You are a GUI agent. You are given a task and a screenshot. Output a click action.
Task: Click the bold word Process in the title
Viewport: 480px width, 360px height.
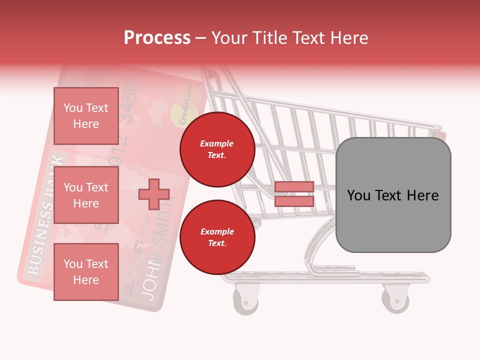(x=157, y=37)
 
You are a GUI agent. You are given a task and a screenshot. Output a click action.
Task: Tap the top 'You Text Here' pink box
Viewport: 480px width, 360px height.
(x=86, y=116)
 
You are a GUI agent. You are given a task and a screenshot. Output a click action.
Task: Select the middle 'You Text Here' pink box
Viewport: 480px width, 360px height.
(x=86, y=195)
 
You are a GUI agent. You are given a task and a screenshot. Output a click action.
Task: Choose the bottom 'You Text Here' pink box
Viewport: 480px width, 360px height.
(x=86, y=271)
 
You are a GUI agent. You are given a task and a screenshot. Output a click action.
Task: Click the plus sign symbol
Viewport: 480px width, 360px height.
(x=153, y=194)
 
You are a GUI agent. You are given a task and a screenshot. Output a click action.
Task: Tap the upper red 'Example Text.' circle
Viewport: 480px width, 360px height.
(x=217, y=149)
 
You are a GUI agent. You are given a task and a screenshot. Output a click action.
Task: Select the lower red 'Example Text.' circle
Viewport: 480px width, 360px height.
(x=217, y=237)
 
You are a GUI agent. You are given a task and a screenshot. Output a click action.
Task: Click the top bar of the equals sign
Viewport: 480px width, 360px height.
(x=294, y=187)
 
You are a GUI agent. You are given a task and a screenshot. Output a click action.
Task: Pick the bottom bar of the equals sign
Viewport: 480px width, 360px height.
(x=294, y=201)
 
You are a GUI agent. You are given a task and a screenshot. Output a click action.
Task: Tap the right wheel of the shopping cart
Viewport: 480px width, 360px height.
(x=395, y=298)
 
